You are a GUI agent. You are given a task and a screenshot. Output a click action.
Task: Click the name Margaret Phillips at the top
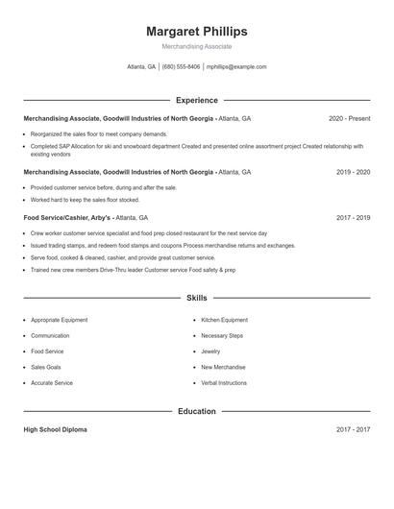[196, 31]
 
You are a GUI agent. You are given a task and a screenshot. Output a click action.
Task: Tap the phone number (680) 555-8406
[181, 67]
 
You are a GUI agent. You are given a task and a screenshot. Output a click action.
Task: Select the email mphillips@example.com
[236, 67]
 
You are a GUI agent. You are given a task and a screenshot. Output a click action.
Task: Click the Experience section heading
[196, 100]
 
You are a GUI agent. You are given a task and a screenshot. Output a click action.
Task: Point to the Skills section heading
[196, 299]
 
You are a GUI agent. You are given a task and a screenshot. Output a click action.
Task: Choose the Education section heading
[196, 411]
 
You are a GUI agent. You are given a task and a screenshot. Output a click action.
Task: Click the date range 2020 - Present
[349, 118]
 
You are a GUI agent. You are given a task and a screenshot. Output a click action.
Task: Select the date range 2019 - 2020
[353, 172]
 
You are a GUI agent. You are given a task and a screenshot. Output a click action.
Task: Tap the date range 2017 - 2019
[353, 218]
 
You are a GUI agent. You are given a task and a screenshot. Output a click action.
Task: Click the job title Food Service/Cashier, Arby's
[67, 218]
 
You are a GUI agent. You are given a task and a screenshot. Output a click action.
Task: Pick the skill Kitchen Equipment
[224, 320]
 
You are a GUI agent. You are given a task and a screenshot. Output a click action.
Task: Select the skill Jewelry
[211, 351]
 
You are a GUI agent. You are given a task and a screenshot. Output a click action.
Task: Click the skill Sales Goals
[46, 367]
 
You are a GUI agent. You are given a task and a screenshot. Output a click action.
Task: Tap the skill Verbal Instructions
[224, 383]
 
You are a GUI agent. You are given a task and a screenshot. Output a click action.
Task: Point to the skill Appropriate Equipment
[59, 320]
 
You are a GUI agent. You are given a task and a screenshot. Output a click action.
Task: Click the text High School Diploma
[55, 429]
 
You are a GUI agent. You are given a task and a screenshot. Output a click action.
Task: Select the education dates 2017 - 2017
[353, 429]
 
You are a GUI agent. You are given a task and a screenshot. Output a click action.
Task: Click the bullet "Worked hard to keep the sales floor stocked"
[85, 200]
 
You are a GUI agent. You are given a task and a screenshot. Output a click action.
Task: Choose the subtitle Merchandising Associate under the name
[196, 46]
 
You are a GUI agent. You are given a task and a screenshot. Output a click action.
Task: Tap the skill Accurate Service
[52, 383]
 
